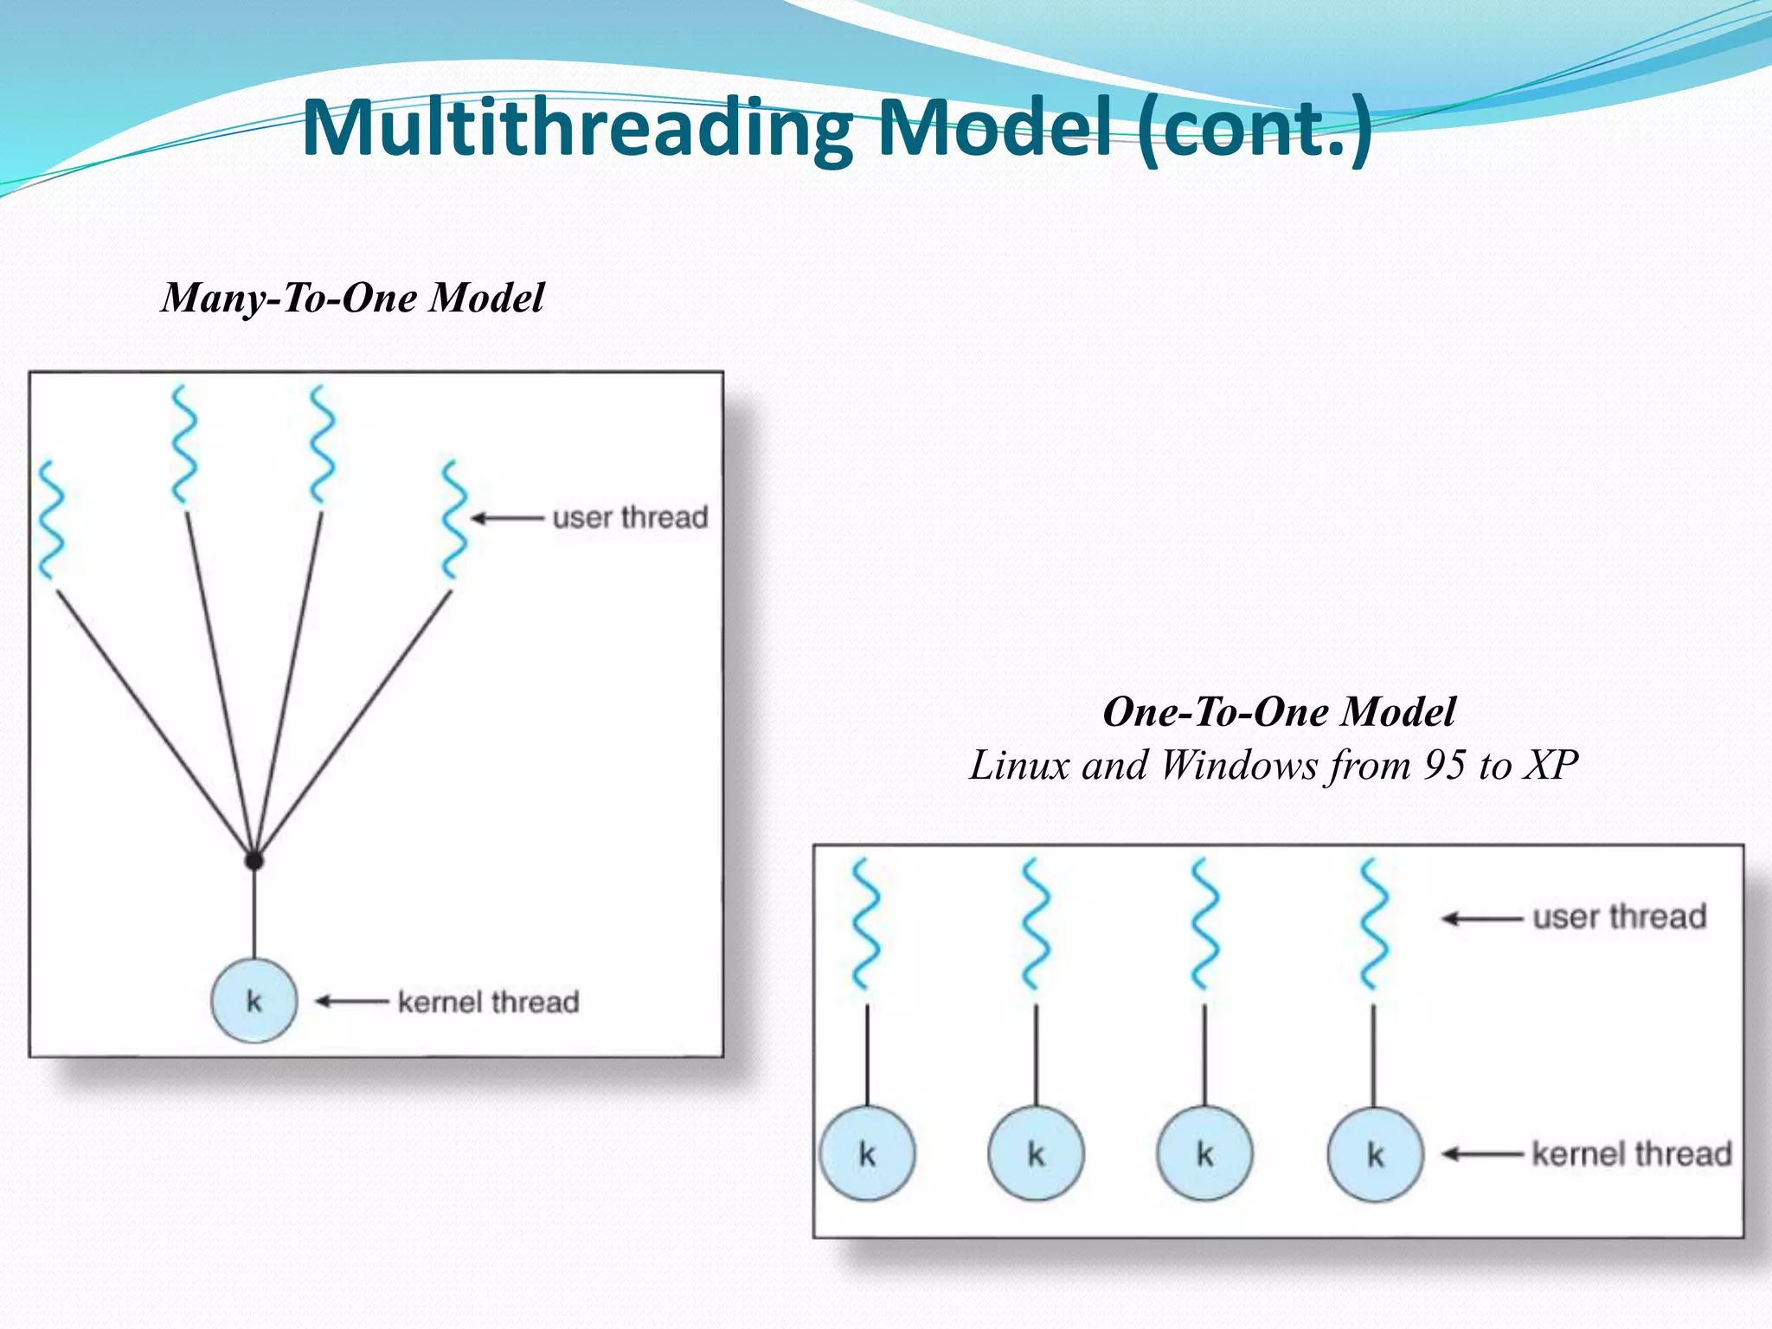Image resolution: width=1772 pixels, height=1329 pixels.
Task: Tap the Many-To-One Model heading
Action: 353,299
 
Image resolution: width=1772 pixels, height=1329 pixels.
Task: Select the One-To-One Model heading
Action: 1279,712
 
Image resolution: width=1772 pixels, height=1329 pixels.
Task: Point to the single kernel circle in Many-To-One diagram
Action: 254,1001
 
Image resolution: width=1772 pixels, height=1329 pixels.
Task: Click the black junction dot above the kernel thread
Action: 254,860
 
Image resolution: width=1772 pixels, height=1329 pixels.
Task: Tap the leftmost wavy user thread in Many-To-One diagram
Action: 51,519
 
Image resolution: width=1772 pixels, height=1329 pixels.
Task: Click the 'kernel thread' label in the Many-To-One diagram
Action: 488,1002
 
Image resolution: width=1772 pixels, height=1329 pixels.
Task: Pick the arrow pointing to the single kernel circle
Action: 351,1002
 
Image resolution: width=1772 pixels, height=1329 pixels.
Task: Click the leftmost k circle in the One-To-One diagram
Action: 867,1154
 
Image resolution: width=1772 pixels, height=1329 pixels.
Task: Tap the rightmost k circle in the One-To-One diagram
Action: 1375,1154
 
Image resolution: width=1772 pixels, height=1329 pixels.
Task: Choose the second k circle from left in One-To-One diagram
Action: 1036,1154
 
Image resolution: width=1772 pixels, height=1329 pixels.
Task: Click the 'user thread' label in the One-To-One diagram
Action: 1619,917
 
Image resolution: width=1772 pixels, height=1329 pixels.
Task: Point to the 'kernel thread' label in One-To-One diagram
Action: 1631,1154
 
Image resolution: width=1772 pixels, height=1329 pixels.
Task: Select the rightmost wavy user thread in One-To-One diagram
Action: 1374,924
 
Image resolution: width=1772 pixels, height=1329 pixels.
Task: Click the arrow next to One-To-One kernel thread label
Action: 1482,1154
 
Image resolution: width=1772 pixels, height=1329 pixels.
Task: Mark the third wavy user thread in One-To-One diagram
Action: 1204,924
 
